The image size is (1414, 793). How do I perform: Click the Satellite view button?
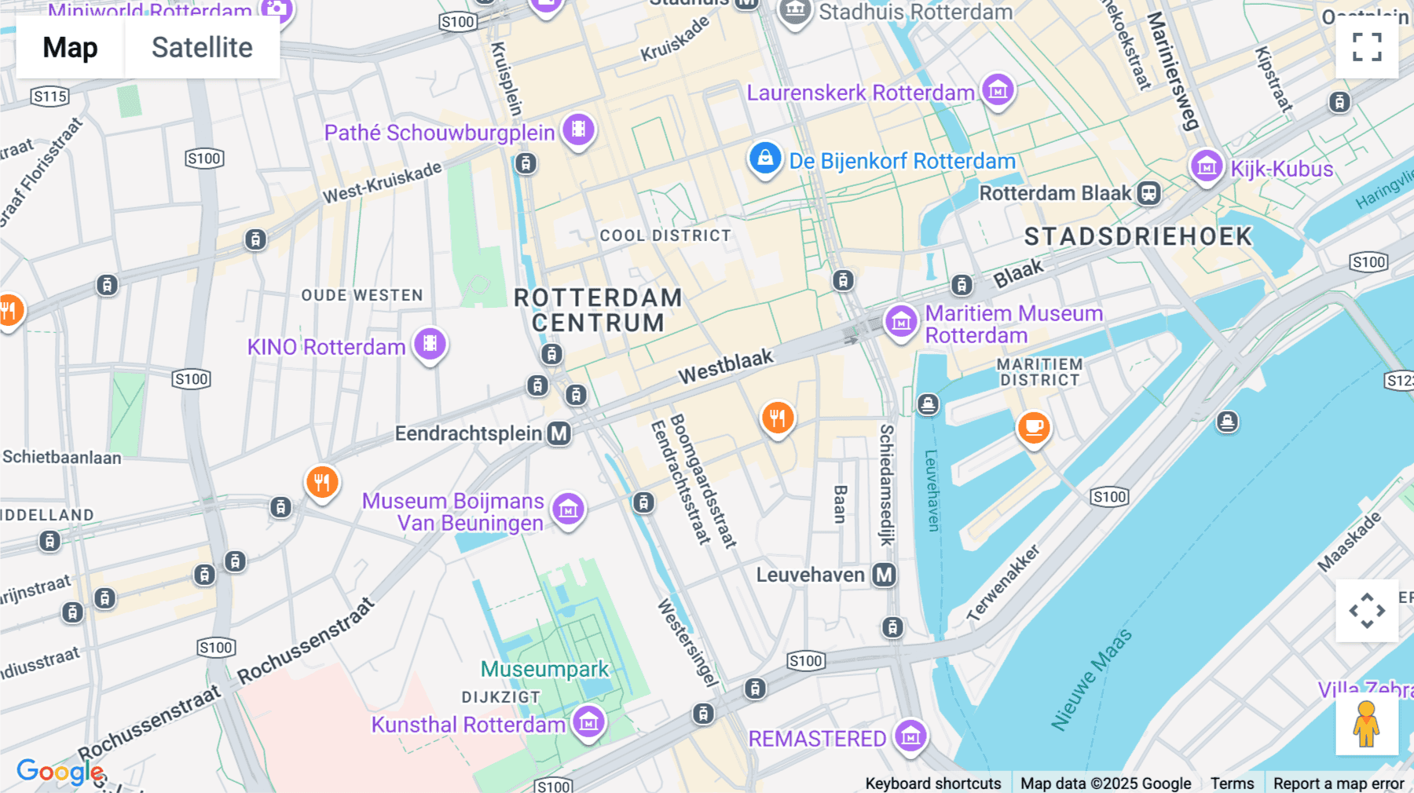coord(202,48)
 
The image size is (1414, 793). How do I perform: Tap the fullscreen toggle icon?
coord(1367,47)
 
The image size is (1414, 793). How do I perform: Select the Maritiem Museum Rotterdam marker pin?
coord(901,321)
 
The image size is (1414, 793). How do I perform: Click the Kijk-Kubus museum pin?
coord(1207,166)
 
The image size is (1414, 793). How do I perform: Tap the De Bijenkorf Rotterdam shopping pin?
coord(764,159)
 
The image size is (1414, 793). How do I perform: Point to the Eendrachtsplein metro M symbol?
coord(559,433)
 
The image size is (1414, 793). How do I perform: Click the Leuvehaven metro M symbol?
coord(885,575)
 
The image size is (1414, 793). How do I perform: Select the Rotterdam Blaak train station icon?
coord(1148,192)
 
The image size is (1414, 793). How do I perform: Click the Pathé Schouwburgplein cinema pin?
coord(578,130)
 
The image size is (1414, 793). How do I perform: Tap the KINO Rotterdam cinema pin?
coord(430,343)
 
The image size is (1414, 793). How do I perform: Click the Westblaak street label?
coord(726,367)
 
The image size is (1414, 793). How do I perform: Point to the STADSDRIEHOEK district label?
coord(1137,236)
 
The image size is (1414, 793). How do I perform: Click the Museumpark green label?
coord(544,669)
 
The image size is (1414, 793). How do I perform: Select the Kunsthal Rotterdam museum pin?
coord(588,721)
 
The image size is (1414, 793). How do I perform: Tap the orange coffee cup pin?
coord(1034,427)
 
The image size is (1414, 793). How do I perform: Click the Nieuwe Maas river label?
coord(1092,680)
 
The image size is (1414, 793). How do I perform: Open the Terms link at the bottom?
coord(1232,783)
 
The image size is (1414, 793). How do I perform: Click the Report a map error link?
coord(1338,783)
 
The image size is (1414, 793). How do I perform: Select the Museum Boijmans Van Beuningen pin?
coord(568,509)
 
